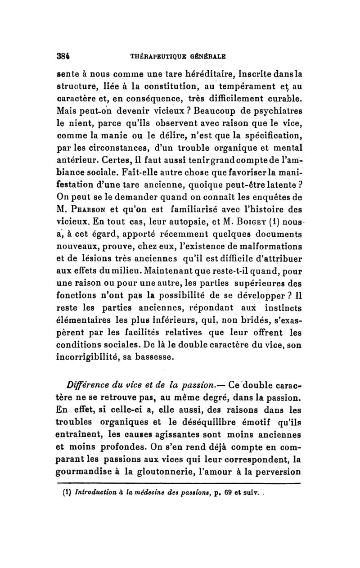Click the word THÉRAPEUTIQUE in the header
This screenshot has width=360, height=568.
point(158,58)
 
